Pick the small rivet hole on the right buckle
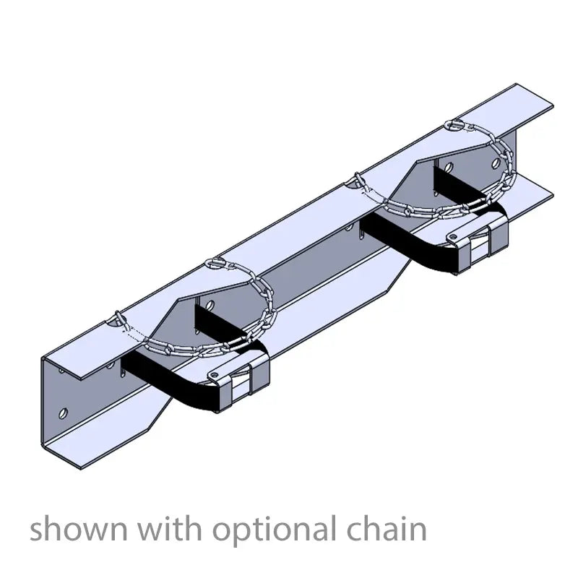pyautogui.click(x=452, y=236)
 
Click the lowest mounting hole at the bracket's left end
pyautogui.click(x=63, y=413)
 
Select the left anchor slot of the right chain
pyautogui.click(x=357, y=177)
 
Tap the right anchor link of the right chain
pyautogui.click(x=456, y=124)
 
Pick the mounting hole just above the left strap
pyautogui.click(x=207, y=304)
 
